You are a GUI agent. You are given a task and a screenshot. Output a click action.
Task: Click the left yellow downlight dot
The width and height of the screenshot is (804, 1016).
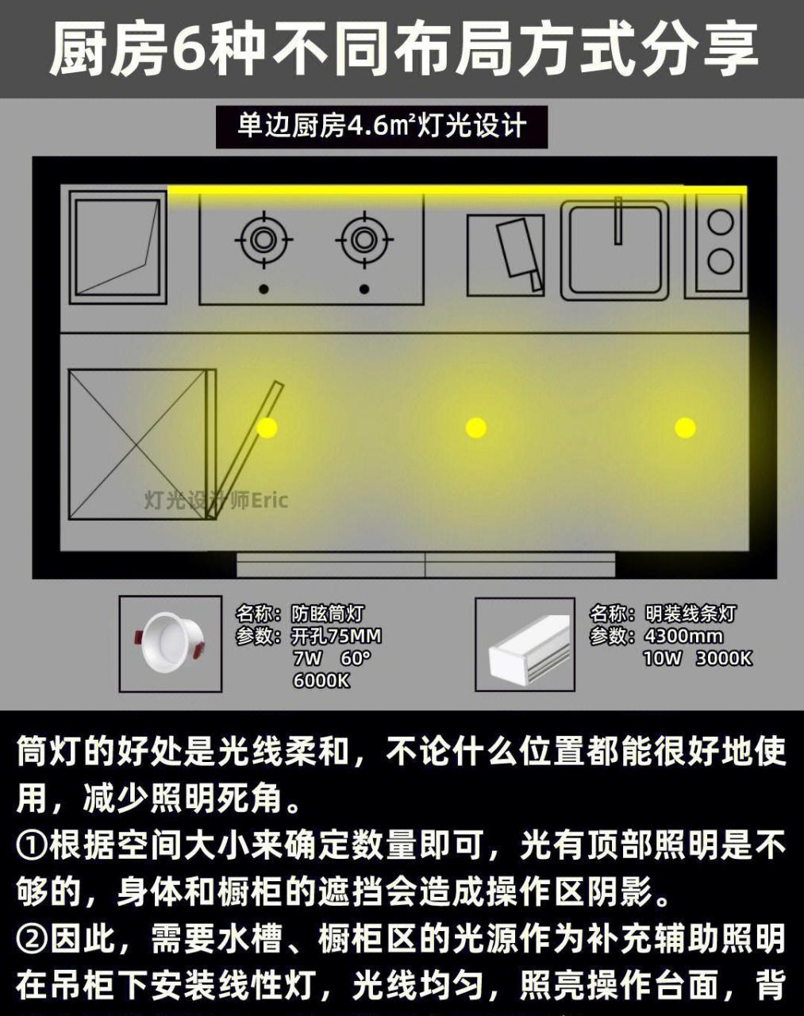coord(267,427)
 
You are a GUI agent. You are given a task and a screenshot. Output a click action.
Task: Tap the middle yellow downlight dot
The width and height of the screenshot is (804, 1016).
coord(475,427)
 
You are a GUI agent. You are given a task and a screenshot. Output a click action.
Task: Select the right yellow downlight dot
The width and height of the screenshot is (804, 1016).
coord(685,427)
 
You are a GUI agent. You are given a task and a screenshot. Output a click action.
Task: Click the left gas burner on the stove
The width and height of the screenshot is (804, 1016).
coord(264,239)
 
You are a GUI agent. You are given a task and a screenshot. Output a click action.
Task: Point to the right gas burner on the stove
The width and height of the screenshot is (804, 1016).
coord(364,239)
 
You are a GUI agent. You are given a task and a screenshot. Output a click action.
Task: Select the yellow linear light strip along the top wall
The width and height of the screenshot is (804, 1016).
coord(456,190)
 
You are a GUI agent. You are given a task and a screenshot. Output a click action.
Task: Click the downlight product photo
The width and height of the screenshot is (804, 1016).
coord(170,643)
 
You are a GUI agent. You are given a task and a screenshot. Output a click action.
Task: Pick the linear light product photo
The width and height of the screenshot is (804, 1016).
coord(525,644)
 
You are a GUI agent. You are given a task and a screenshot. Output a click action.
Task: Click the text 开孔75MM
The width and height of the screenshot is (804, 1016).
coord(337,636)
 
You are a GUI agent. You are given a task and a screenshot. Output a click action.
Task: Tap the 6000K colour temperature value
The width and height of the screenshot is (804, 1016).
coord(321,680)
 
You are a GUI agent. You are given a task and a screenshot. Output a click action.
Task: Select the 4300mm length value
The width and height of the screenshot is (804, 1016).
coord(683,636)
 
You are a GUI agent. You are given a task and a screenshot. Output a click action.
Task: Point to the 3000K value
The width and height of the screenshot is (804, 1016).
coord(724,658)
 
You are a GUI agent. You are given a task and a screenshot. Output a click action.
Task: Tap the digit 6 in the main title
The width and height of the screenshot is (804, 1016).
coord(193,49)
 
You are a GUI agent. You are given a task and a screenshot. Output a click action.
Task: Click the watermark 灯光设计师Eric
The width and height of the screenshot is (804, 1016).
coord(216,500)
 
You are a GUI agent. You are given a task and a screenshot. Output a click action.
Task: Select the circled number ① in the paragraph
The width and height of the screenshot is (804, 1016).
coord(32,846)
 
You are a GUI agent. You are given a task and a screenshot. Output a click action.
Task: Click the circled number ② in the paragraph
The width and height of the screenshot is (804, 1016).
coord(32,939)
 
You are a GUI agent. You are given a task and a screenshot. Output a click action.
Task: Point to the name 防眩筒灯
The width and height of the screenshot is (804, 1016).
coord(327,614)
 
